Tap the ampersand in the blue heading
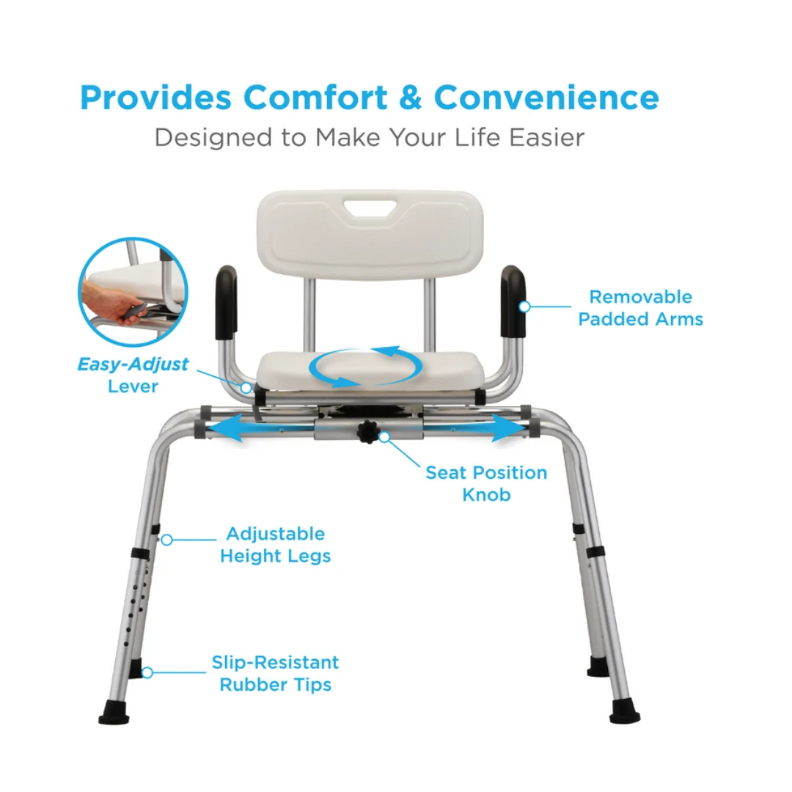411,97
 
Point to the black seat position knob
369,432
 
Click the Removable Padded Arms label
640,307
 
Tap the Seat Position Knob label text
486,483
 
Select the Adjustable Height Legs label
275,544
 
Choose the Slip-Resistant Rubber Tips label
275,673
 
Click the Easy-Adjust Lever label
133,375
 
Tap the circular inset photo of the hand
133,291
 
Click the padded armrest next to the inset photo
227,303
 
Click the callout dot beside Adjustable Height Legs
166,540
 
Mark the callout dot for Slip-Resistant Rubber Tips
147,672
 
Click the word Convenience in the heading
546,97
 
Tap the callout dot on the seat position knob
384,437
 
